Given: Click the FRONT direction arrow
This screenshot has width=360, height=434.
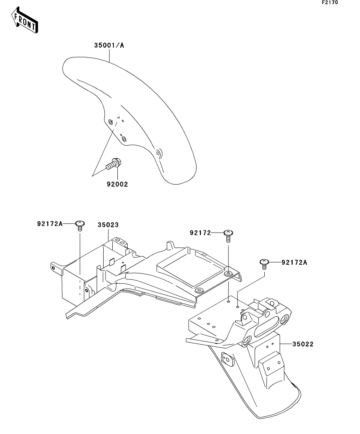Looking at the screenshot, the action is (24, 20).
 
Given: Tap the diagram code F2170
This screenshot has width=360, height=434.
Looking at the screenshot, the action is (330, 2).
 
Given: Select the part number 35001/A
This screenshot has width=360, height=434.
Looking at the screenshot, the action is (109, 45).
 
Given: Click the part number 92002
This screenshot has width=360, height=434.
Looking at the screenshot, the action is (117, 184).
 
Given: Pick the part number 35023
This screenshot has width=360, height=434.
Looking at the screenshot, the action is (108, 225).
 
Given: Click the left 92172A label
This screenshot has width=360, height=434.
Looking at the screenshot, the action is (50, 223).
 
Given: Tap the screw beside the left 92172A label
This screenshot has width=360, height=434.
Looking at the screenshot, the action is (80, 225).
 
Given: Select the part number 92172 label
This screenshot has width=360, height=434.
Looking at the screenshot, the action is (200, 233).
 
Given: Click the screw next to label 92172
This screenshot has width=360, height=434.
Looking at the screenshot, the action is (228, 236).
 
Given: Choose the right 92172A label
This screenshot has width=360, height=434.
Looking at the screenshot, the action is (294, 262).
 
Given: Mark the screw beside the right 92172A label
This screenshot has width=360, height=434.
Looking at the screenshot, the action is (264, 264).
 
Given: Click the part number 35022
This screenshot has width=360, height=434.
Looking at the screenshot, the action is (303, 344).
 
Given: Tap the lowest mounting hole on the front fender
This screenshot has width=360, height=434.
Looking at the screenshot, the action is (158, 153).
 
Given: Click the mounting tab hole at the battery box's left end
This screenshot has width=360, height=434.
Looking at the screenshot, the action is (53, 268).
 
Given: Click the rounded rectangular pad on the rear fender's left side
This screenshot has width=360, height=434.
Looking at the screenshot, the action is (228, 360).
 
